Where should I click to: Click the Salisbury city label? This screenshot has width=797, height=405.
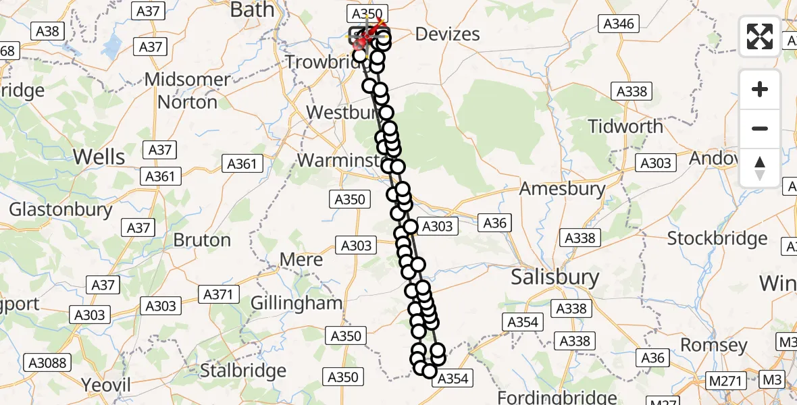[x=555, y=277]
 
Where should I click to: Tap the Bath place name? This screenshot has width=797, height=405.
[x=253, y=9]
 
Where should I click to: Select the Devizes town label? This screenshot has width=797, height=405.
[x=447, y=34]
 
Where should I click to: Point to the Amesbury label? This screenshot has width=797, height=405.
[x=561, y=188]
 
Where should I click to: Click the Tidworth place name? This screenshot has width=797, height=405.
[x=625, y=126]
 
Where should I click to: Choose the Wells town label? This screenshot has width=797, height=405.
[x=99, y=157]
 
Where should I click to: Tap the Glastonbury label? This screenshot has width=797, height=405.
[x=60, y=209]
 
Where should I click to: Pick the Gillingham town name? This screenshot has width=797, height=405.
[x=297, y=303]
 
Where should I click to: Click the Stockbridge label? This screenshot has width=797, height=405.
[x=717, y=238]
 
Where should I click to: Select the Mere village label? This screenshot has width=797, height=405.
[x=301, y=260]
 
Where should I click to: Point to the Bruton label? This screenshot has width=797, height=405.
[x=202, y=240]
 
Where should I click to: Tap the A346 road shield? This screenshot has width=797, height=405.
[x=618, y=24]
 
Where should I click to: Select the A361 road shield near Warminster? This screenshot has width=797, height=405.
[x=241, y=163]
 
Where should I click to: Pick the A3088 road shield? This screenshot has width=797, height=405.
[x=48, y=363]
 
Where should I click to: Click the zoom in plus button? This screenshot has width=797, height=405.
[x=760, y=89]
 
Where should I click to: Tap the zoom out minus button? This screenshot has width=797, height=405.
[x=760, y=128]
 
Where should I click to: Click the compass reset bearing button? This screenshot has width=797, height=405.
[x=760, y=167]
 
